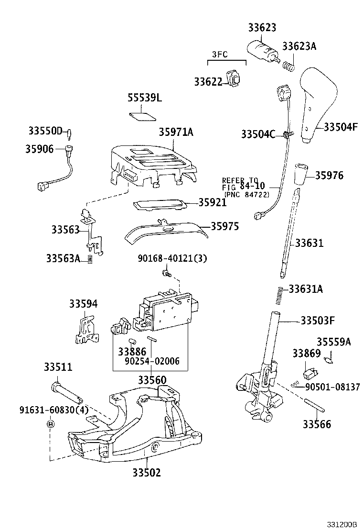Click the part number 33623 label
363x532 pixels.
(x=262, y=28)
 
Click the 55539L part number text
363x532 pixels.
(x=145, y=98)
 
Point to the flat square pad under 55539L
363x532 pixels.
(x=142, y=116)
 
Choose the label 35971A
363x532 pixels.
(x=176, y=132)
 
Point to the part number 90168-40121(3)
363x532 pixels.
(x=172, y=259)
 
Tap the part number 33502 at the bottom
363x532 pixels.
(x=147, y=473)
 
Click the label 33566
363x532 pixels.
(x=317, y=424)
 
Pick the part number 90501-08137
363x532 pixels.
(x=332, y=387)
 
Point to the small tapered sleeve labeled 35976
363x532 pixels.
(x=300, y=176)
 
